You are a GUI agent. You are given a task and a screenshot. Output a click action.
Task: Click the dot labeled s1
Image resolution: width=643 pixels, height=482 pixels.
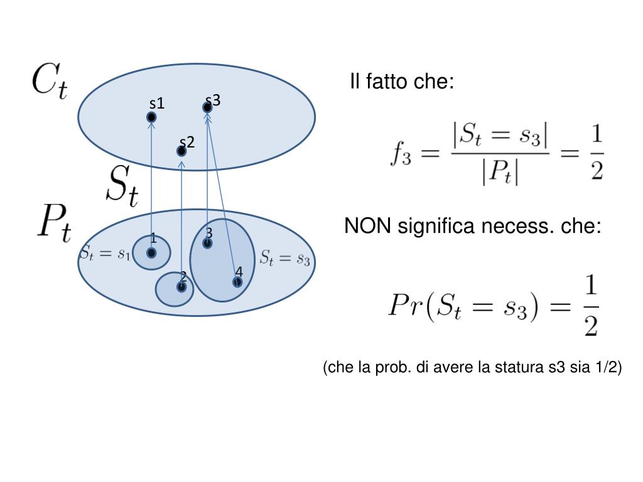(x=151, y=117)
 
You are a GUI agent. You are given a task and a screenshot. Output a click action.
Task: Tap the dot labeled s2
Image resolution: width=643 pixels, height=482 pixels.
(x=181, y=151)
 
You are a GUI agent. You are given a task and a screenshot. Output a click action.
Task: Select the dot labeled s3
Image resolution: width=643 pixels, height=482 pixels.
(x=207, y=108)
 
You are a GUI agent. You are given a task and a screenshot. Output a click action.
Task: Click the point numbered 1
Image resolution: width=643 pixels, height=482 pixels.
(x=151, y=252)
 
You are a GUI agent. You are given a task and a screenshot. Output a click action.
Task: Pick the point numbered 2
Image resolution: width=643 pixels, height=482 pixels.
(x=181, y=287)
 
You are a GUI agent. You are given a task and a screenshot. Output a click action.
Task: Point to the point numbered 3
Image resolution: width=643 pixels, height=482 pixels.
(x=207, y=243)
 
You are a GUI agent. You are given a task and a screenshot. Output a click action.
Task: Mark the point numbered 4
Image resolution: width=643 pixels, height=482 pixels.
(x=237, y=282)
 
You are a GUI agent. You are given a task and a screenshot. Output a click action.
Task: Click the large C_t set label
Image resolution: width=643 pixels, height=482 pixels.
(x=50, y=82)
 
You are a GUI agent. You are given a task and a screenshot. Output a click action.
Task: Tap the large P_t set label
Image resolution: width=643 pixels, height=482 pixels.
(x=54, y=223)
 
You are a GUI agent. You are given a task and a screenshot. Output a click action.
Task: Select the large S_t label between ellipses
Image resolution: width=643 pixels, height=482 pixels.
(x=121, y=185)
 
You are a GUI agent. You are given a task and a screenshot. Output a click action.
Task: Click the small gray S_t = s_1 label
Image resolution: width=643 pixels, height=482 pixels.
(x=105, y=254)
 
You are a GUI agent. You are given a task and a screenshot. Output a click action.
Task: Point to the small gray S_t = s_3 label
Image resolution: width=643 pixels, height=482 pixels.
(x=285, y=258)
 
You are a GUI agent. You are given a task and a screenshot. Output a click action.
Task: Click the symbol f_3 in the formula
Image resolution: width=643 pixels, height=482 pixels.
(x=399, y=154)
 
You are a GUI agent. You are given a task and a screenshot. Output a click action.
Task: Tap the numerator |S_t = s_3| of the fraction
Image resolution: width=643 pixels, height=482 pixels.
(x=500, y=134)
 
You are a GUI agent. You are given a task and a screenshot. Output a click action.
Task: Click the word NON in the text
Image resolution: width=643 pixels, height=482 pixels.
(x=367, y=226)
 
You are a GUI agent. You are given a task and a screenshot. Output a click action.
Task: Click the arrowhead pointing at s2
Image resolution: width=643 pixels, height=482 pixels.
(x=181, y=164)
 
